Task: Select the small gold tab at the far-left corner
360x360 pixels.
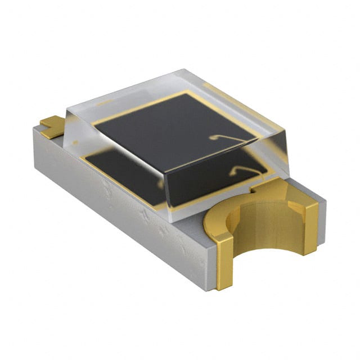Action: [50, 124]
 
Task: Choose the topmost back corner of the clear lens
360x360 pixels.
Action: [183, 71]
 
